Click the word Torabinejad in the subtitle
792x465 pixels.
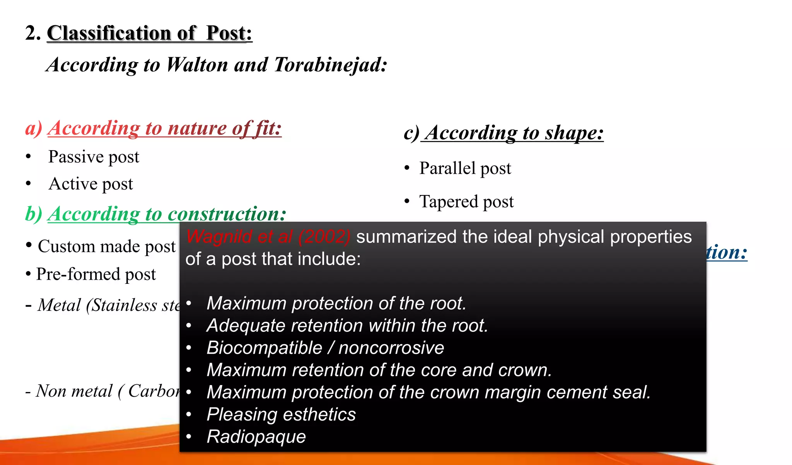pyautogui.click(x=330, y=65)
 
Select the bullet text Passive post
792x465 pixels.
pyautogui.click(x=94, y=157)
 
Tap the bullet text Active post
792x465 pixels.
pyautogui.click(x=90, y=184)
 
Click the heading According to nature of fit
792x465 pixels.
pyautogui.click(x=164, y=128)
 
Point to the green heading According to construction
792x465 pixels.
pyautogui.click(x=167, y=214)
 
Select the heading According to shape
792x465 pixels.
pyautogui.click(x=514, y=133)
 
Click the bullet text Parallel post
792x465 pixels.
pyautogui.click(x=465, y=168)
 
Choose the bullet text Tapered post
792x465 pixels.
pyautogui.click(x=466, y=202)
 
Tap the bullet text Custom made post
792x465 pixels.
pyautogui.click(x=106, y=246)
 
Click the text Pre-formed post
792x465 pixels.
pyautogui.click(x=96, y=274)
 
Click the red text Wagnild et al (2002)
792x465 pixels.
pyautogui.click(x=268, y=237)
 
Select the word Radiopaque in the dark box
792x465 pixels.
pyautogui.click(x=256, y=437)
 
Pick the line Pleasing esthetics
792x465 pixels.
pyautogui.click(x=281, y=414)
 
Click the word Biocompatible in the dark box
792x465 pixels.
pyautogui.click(x=264, y=348)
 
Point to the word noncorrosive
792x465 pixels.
pyautogui.click(x=391, y=348)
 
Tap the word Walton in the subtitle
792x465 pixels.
pyautogui.click(x=197, y=65)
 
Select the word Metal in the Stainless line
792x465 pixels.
pyautogui.click(x=59, y=305)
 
